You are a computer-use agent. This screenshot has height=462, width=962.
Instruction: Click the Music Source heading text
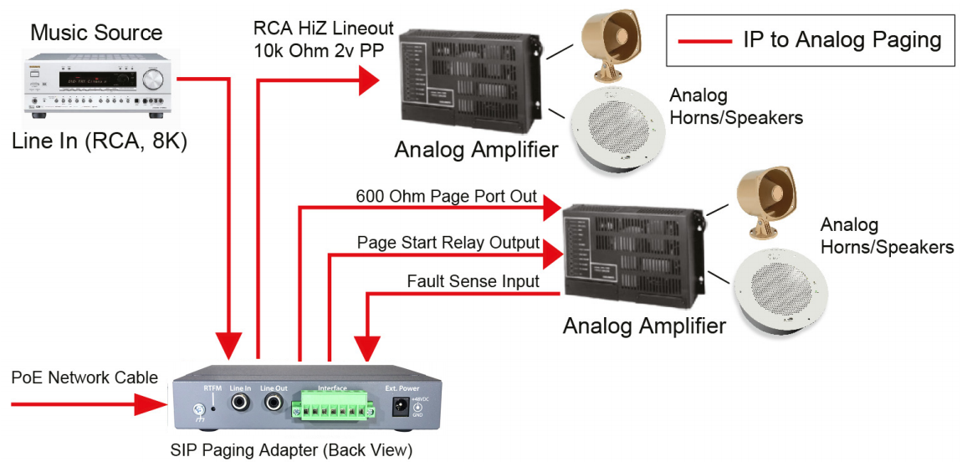[96, 33]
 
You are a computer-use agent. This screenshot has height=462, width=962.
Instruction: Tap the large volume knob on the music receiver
[154, 80]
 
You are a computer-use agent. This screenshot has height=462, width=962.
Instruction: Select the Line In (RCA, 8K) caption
[100, 142]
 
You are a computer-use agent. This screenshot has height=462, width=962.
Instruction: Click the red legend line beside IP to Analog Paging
[704, 40]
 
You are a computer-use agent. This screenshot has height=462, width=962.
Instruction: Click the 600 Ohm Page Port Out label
[446, 197]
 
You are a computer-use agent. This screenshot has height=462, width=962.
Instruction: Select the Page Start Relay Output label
[448, 243]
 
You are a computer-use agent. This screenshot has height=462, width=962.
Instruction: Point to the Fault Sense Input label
[473, 282]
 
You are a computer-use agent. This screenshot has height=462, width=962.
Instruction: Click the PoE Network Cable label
[84, 378]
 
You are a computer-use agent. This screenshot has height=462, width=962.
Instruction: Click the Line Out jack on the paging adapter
[274, 404]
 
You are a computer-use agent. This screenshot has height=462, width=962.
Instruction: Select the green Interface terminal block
[332, 408]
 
